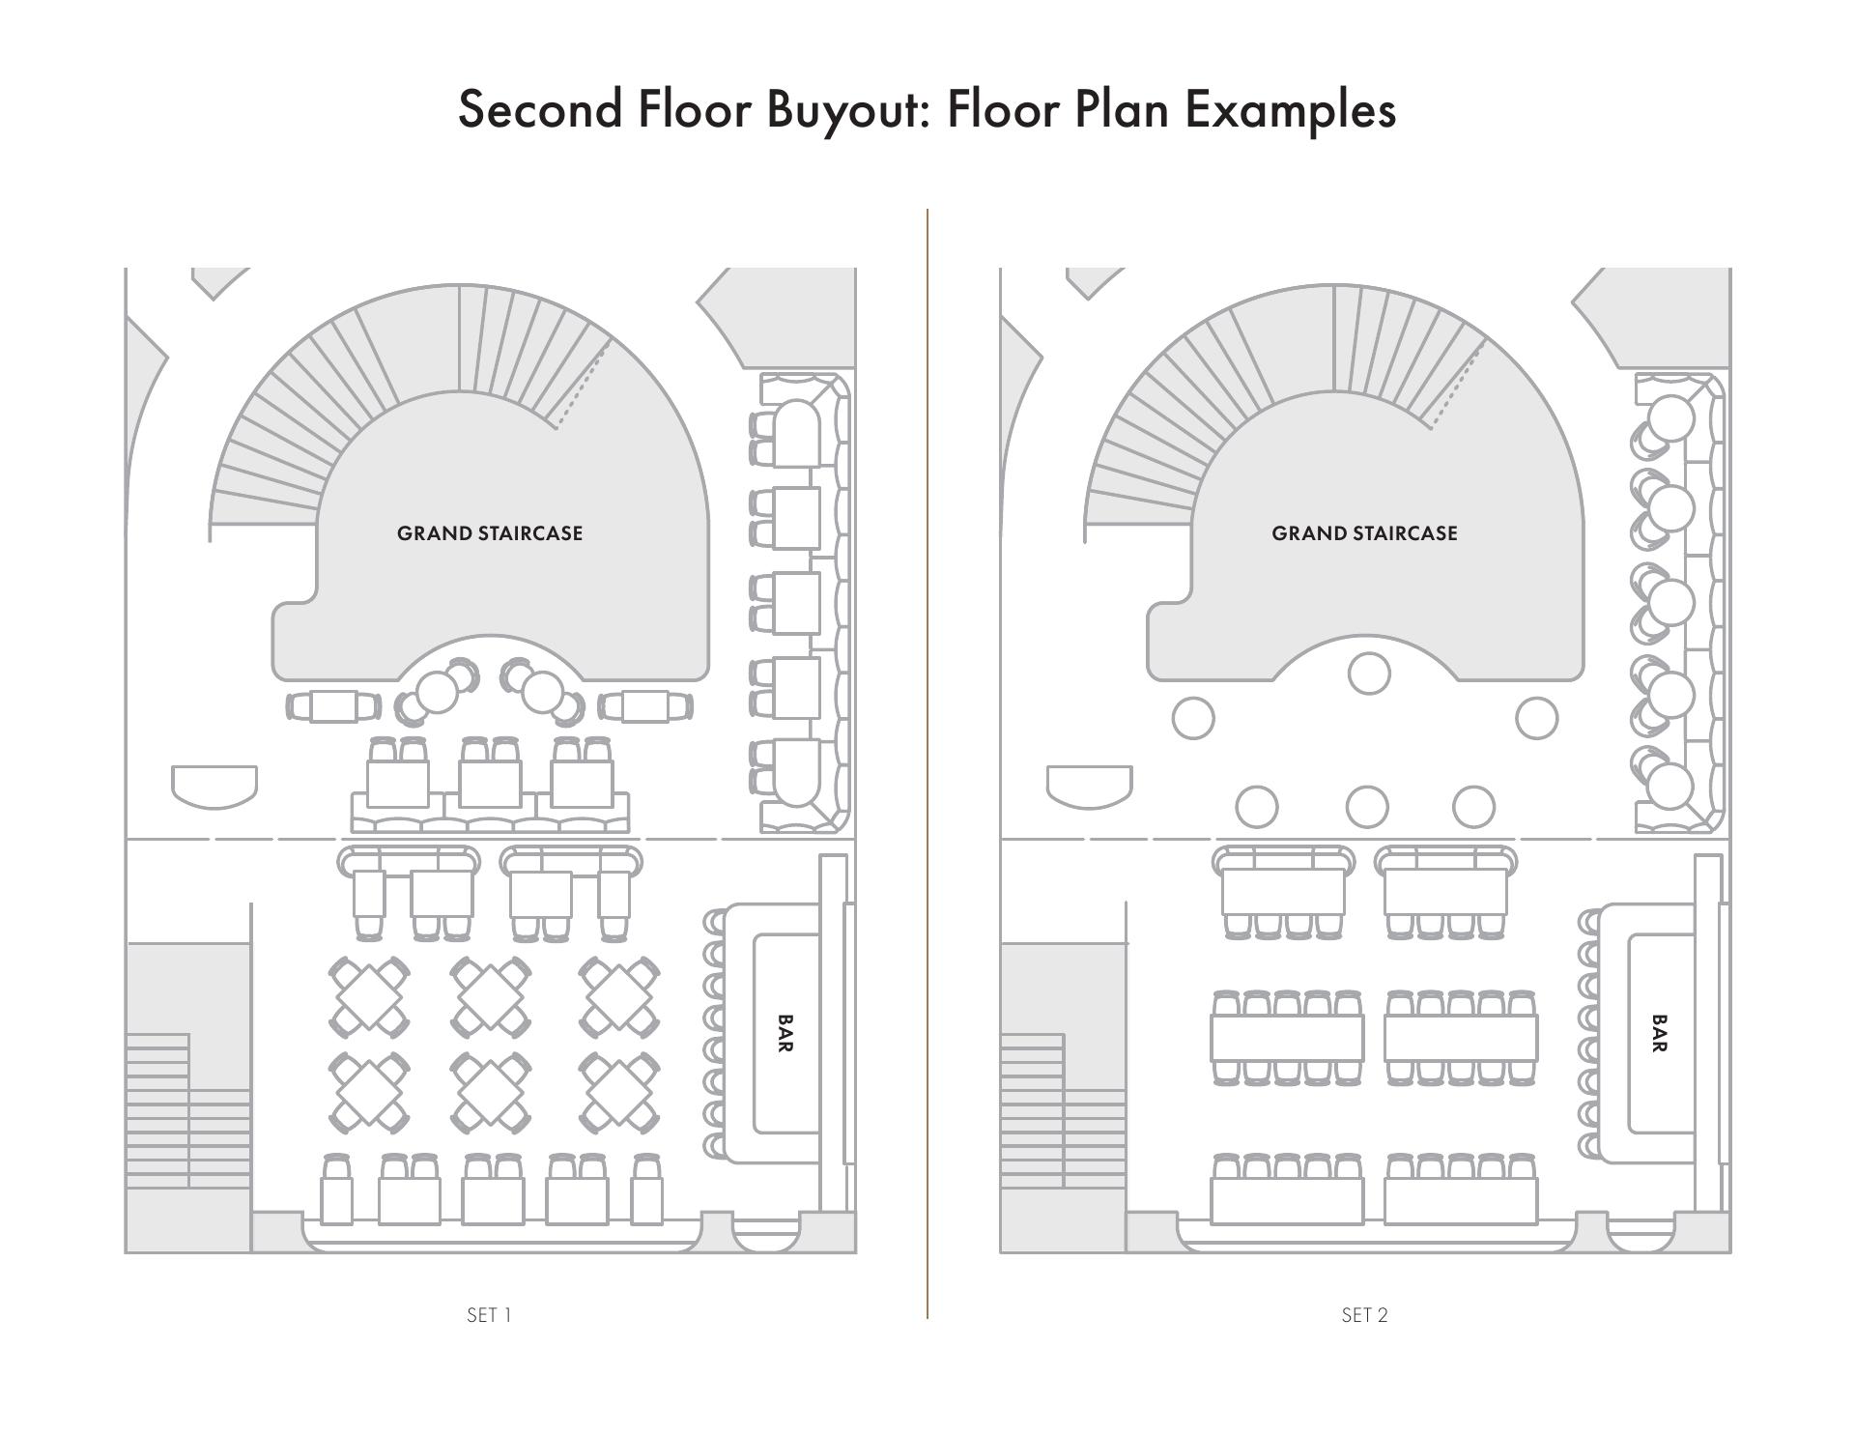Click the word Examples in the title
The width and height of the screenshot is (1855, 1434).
1291,109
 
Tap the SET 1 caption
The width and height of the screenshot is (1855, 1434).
489,1315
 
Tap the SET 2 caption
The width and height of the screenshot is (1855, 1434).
1364,1315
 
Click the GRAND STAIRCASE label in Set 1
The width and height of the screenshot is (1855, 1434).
490,533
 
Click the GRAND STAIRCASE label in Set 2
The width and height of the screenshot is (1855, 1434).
1364,533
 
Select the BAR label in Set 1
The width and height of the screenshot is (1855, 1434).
785,1033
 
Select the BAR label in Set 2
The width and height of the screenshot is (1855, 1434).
1660,1033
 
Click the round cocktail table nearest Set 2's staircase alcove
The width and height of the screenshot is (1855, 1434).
1369,674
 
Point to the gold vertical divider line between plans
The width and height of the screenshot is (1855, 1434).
927,763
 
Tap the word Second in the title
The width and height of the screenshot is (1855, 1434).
540,109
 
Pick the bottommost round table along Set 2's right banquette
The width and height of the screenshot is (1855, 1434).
1670,785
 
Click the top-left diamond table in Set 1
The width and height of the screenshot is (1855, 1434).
369,996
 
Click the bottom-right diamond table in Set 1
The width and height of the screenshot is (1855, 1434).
619,1092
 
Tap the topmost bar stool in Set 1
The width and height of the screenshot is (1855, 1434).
714,923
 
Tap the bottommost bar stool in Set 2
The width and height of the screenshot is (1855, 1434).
1588,1146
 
